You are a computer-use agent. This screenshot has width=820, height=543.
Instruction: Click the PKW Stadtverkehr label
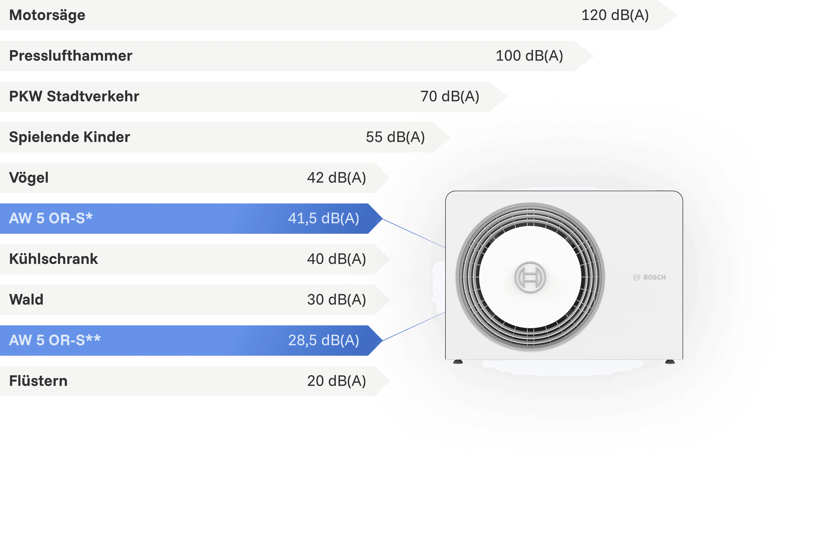pyautogui.click(x=74, y=96)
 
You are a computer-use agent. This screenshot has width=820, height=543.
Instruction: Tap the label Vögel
pyautogui.click(x=29, y=178)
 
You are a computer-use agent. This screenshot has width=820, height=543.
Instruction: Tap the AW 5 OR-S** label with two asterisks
pyautogui.click(x=55, y=340)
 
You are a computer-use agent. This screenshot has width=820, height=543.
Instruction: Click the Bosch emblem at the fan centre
pyautogui.click(x=530, y=277)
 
